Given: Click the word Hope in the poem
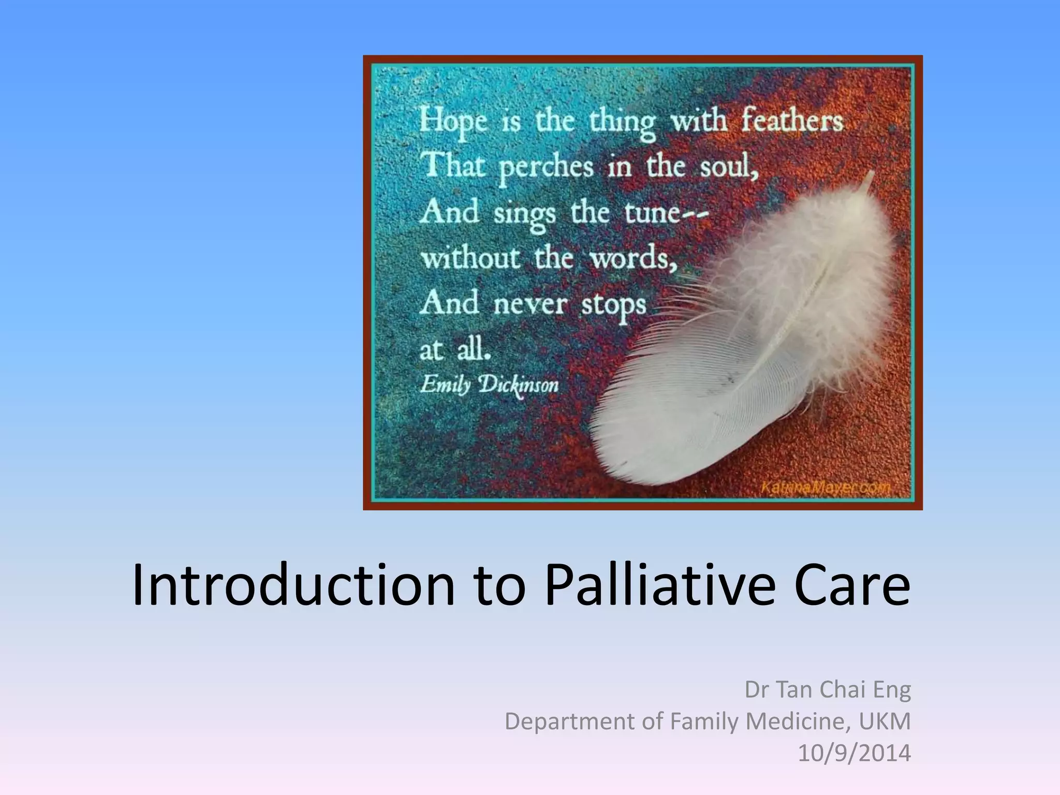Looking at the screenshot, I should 453,121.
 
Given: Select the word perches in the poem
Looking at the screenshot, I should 546,168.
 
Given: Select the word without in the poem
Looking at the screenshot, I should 470,258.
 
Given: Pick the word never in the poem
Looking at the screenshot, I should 530,304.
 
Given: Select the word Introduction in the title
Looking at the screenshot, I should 293,585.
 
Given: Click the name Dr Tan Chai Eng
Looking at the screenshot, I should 827,689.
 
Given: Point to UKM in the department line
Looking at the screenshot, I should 884,721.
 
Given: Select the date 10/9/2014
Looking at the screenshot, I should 854,753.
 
